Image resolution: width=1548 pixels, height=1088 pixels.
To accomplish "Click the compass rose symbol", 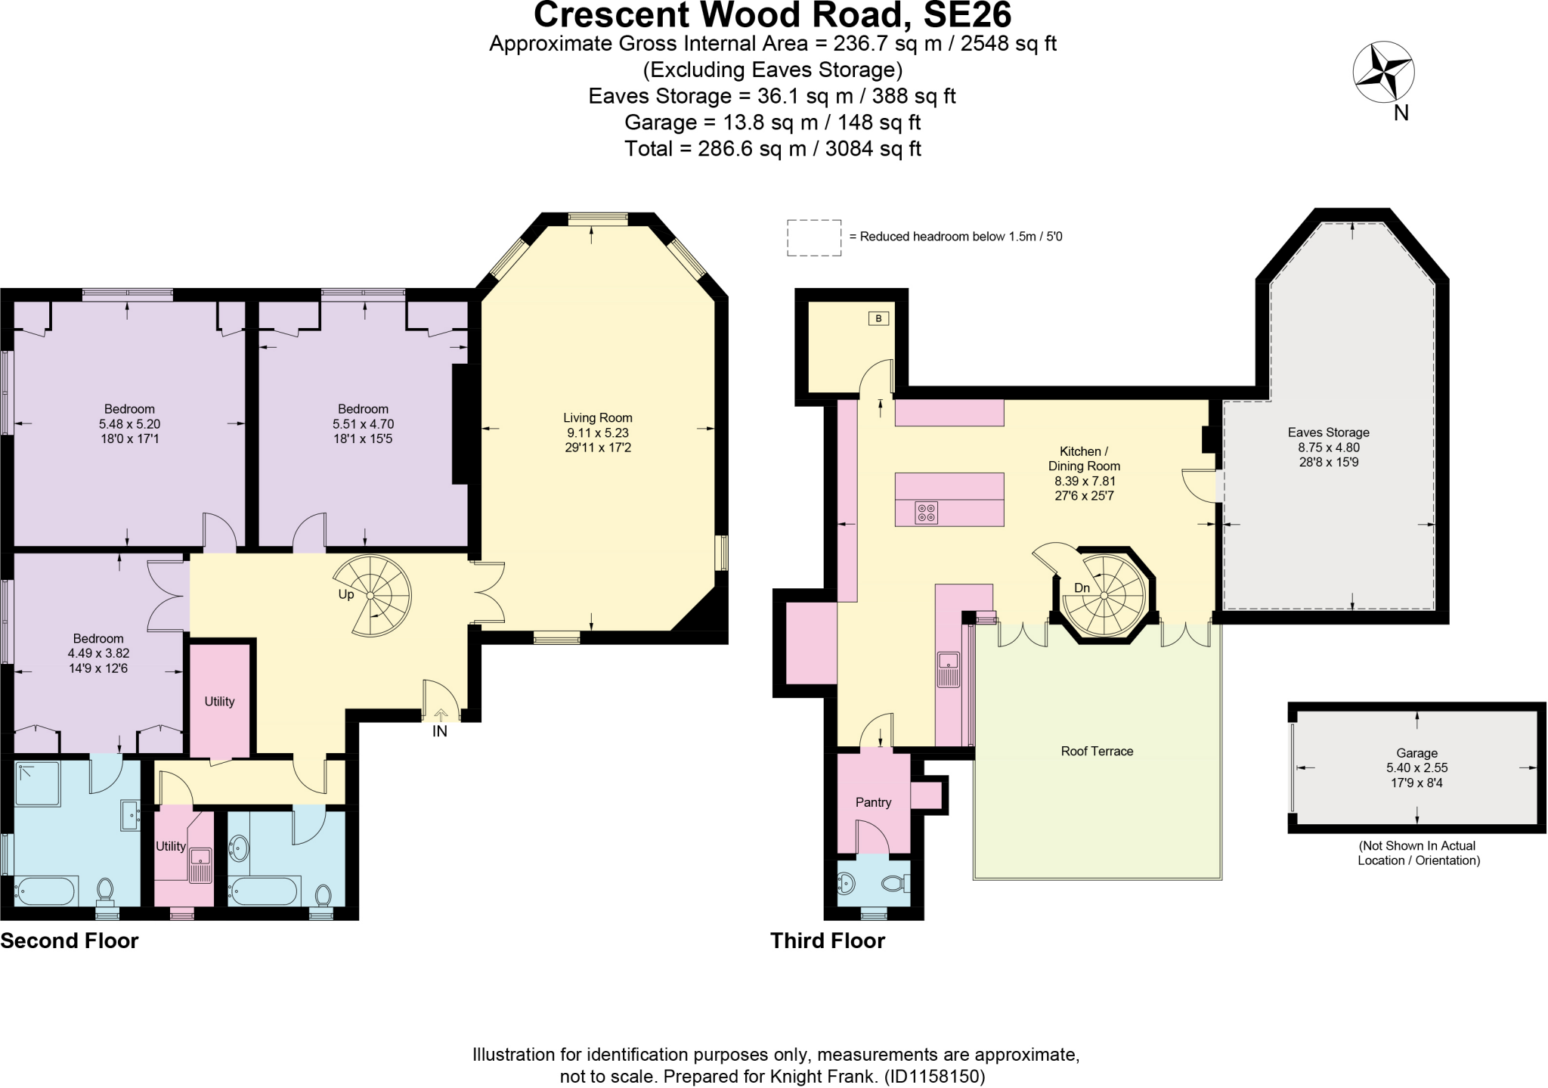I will pyautogui.click(x=1382, y=73).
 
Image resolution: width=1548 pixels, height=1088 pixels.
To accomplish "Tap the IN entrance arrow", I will pyautogui.click(x=441, y=714).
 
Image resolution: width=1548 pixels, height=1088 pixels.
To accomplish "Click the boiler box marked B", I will pyautogui.click(x=878, y=318).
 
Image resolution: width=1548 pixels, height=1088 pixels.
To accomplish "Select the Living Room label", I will pyautogui.click(x=597, y=417).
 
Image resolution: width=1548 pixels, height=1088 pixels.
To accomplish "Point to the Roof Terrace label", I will pyautogui.click(x=1097, y=751).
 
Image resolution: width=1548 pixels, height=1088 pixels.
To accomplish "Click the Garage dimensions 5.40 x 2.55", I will pyautogui.click(x=1416, y=767).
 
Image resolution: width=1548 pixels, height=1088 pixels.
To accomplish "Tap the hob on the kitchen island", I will pyautogui.click(x=926, y=513).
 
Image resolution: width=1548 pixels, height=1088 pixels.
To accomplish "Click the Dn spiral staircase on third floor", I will pyautogui.click(x=1104, y=596).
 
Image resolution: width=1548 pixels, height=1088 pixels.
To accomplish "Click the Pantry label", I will pyautogui.click(x=873, y=802).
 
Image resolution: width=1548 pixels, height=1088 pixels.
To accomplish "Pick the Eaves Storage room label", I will pyautogui.click(x=1328, y=432).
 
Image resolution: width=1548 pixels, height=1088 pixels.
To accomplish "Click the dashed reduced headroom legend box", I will pyautogui.click(x=813, y=237).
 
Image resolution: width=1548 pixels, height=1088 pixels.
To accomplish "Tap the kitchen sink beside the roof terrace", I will pyautogui.click(x=948, y=669).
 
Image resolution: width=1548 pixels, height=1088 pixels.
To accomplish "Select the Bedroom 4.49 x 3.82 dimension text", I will pyautogui.click(x=98, y=653).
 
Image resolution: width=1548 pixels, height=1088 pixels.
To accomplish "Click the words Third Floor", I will pyautogui.click(x=827, y=941).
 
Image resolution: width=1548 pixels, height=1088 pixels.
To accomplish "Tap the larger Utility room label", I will pyautogui.click(x=219, y=701).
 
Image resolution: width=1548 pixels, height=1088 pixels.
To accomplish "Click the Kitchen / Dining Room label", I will pyautogui.click(x=1083, y=458).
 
